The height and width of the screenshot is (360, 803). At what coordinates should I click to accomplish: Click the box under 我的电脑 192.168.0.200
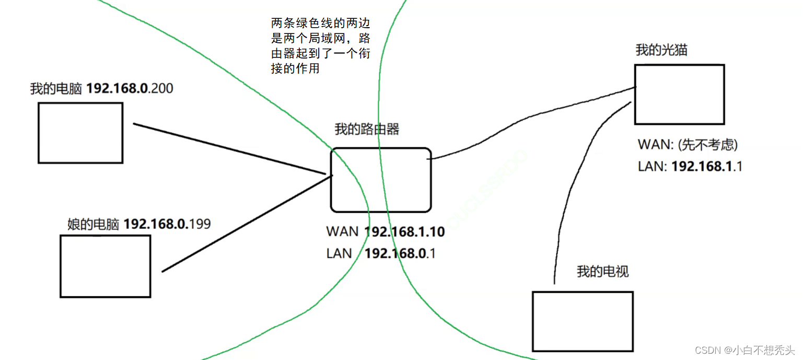(80, 133)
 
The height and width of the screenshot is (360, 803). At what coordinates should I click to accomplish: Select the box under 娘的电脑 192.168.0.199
(106, 266)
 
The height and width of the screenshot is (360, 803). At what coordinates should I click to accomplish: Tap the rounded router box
(381, 180)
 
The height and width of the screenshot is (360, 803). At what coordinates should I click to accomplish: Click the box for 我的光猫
(679, 94)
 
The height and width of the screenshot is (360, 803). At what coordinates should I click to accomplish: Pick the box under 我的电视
(583, 321)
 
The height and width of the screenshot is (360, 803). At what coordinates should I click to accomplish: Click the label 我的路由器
(367, 129)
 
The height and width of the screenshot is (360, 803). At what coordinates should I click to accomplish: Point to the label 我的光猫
(661, 50)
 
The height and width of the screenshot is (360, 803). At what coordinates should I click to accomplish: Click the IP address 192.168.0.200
(130, 89)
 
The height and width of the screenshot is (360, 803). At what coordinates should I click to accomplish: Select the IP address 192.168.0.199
(167, 224)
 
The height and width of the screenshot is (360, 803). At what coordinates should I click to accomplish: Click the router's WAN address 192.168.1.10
(404, 231)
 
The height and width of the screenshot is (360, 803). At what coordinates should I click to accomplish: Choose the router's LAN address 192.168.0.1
(400, 253)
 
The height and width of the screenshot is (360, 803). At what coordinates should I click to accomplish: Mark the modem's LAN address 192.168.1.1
(707, 166)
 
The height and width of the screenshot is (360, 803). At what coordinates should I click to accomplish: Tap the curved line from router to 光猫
(533, 120)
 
